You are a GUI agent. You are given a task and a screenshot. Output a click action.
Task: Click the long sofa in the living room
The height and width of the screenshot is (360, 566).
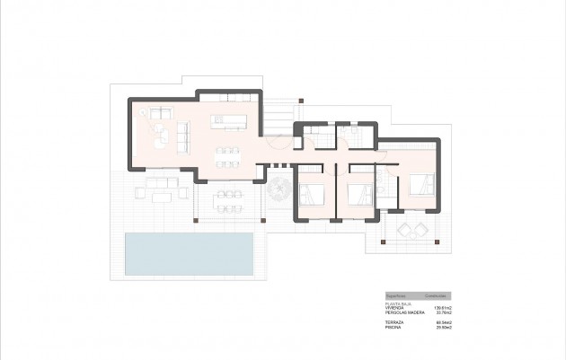click(185, 135)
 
